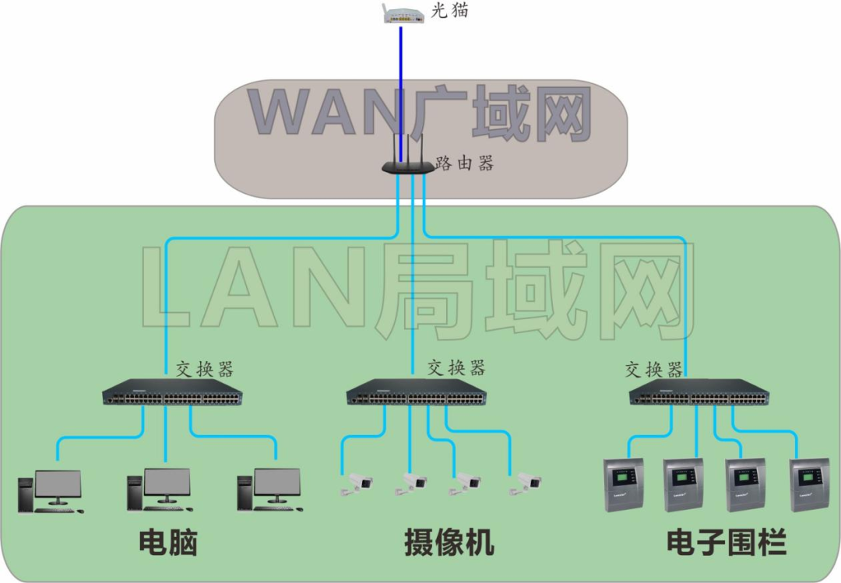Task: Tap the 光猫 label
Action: tap(449, 12)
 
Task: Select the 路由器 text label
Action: tap(465, 163)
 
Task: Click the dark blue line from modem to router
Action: tap(401, 86)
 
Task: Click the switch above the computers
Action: tap(172, 395)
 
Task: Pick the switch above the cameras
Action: tap(416, 395)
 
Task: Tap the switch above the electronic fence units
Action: tap(699, 395)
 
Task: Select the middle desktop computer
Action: tap(160, 490)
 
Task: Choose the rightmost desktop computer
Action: tap(270, 490)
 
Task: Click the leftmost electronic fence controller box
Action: tap(625, 485)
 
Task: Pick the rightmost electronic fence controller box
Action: tap(809, 485)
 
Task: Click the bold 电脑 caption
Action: tap(167, 543)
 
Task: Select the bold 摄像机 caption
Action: tap(449, 543)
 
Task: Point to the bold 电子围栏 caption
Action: tap(726, 543)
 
